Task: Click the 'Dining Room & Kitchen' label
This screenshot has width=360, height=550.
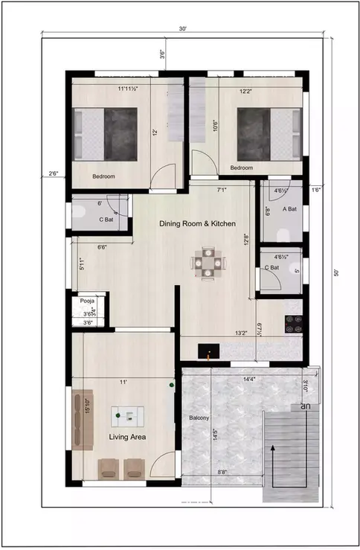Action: pyautogui.click(x=198, y=223)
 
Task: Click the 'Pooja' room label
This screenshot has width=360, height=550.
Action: pyautogui.click(x=87, y=301)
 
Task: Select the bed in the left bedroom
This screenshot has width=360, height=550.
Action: pyautogui.click(x=106, y=134)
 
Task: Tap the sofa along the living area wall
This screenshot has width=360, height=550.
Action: pyautogui.click(x=82, y=418)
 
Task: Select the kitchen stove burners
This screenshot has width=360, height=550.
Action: pyautogui.click(x=293, y=323)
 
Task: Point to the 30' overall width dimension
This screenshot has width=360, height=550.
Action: pyautogui.click(x=181, y=28)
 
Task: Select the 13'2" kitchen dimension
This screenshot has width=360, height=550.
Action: pyautogui.click(x=241, y=333)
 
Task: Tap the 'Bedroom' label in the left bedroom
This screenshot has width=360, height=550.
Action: pyautogui.click(x=103, y=176)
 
